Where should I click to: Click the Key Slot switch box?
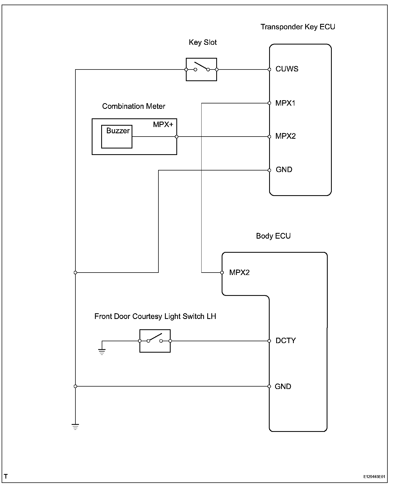201,69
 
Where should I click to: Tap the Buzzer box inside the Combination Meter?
117,137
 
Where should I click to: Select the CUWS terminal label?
287,69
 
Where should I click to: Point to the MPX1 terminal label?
285,103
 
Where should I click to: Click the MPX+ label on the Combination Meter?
163,125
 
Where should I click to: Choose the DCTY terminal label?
286,341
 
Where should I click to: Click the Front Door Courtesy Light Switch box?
155,341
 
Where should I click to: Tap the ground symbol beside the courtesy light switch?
102,352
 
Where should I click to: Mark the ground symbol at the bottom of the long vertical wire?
75,426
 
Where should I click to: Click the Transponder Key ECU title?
298,27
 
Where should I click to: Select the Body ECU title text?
273,236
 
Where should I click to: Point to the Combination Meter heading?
133,106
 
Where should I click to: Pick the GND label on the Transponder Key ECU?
284,170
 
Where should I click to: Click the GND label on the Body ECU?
283,387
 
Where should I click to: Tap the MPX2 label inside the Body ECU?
239,273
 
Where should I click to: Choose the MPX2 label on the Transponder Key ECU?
285,136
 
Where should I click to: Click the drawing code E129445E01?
374,477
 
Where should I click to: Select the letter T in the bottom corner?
6,476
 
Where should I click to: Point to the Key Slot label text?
203,42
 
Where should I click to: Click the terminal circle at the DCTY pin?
269,341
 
